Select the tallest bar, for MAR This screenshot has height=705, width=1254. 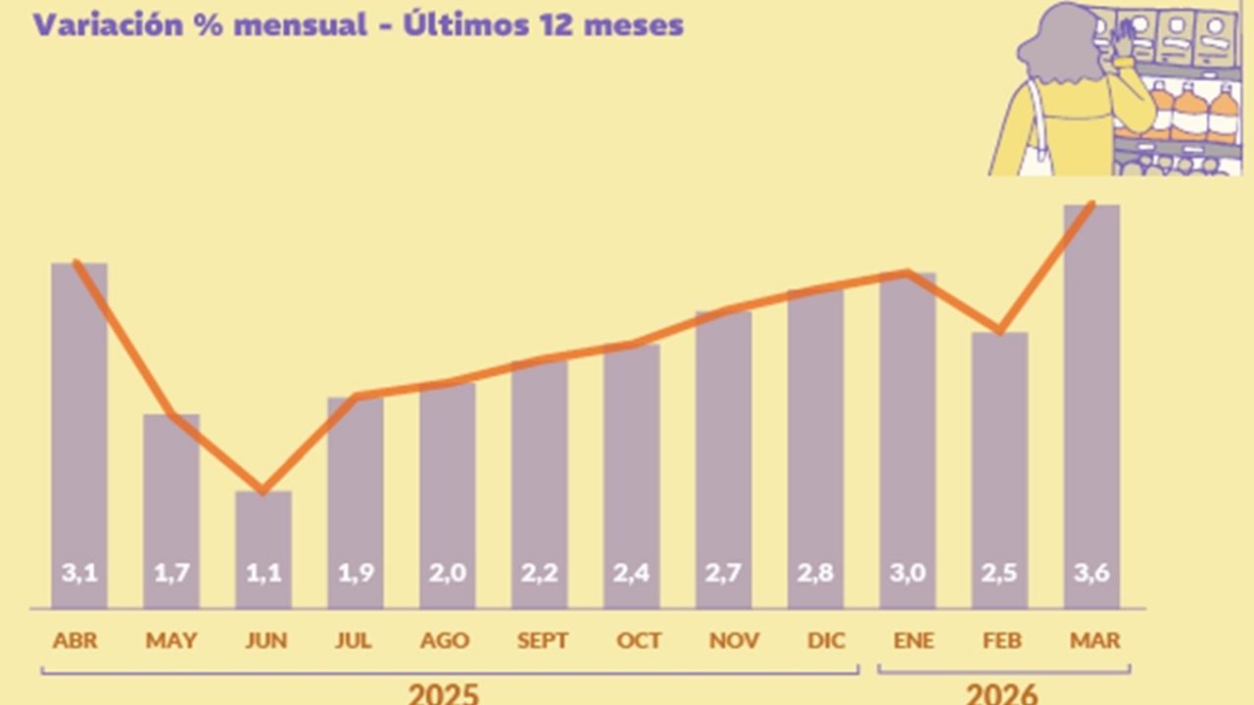pos(1091,392)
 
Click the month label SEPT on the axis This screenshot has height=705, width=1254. pos(542,641)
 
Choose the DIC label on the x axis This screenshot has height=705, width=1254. pos(826,641)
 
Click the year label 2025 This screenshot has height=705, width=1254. pos(444,693)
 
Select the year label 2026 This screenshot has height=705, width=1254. pos(1002,693)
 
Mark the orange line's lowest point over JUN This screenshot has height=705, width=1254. pos(263,491)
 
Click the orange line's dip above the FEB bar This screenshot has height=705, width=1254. pos(999,332)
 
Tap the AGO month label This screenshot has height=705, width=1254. pos(445,641)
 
